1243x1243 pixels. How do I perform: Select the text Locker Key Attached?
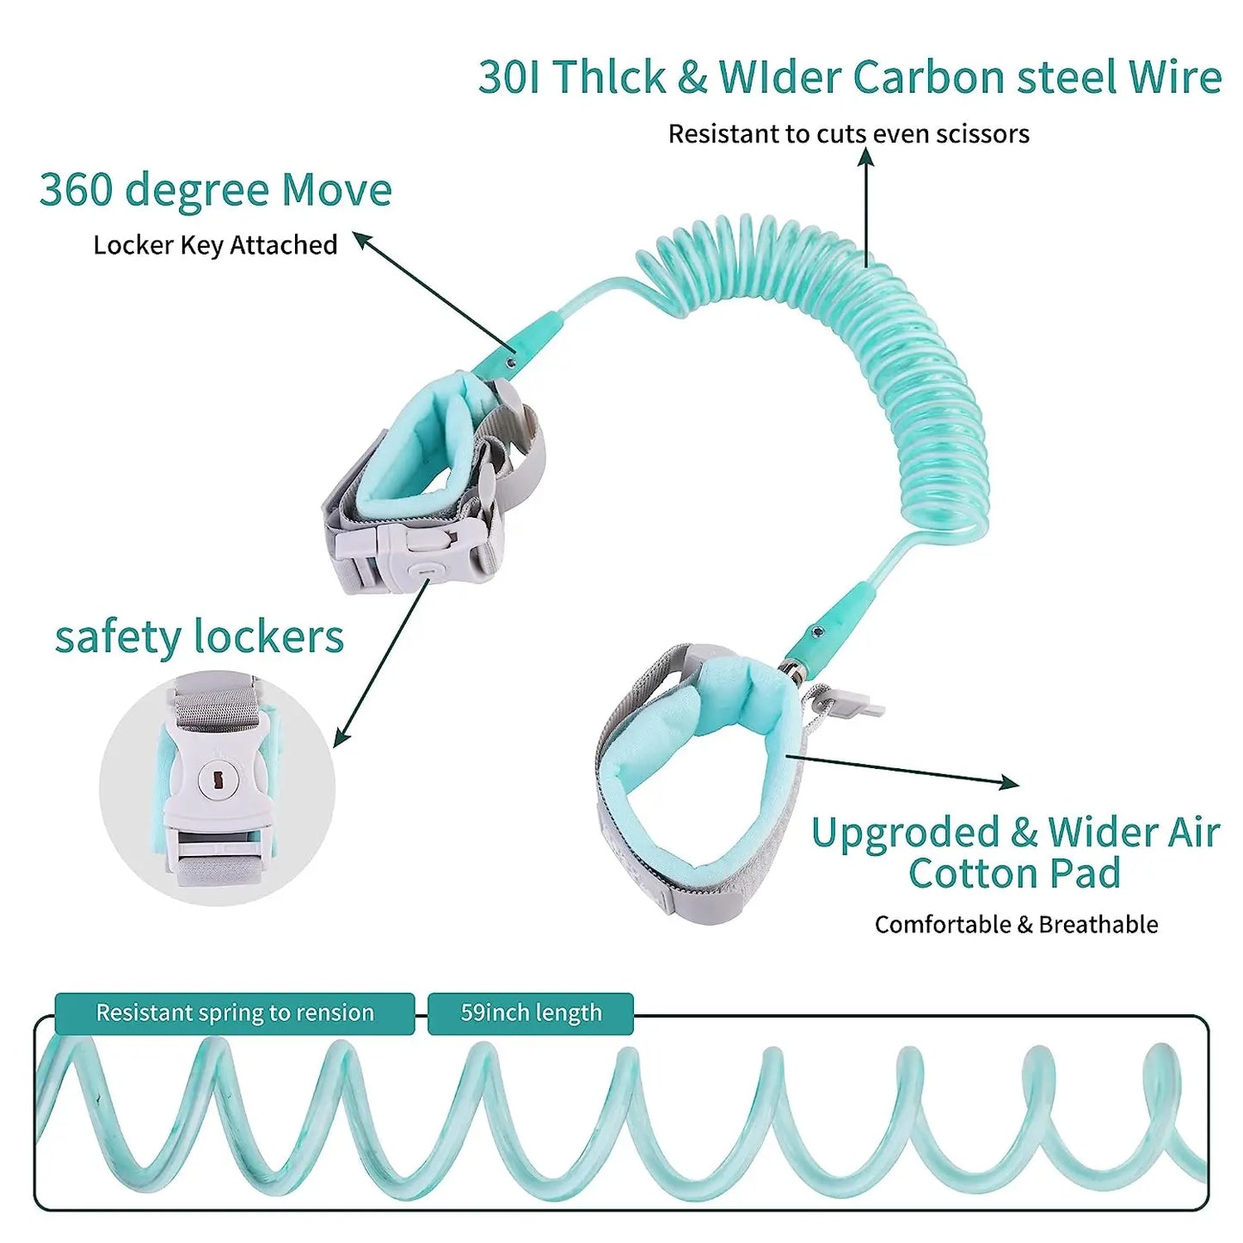215,245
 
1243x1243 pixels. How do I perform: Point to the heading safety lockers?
199,637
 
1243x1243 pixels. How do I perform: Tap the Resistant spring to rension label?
235,1012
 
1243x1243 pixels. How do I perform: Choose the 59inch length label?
531,1012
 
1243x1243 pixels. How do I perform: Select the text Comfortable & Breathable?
1016,925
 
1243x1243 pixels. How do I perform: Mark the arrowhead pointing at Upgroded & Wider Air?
1010,782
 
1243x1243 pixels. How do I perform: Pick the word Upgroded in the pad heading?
904,833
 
